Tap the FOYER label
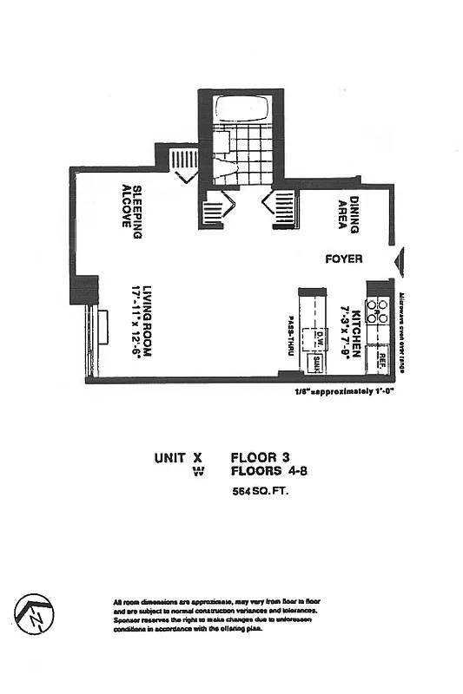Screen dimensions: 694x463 click(x=343, y=259)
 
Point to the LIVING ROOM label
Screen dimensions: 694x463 click(x=149, y=323)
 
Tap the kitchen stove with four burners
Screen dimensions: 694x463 click(x=379, y=311)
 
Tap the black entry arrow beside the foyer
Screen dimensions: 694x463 click(x=399, y=261)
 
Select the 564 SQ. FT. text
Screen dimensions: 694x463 click(x=260, y=491)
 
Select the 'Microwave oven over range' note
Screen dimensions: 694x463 click(x=403, y=331)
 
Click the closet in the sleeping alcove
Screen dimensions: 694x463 click(x=183, y=160)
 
